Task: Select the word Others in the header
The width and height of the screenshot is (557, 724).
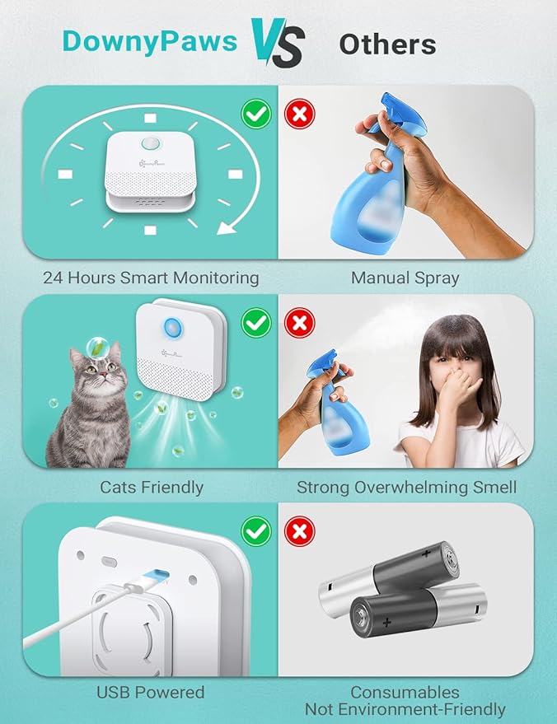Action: pyautogui.click(x=387, y=44)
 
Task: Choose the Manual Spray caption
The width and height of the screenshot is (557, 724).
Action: pyautogui.click(x=405, y=278)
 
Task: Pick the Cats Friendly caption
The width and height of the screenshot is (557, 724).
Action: pyautogui.click(x=152, y=487)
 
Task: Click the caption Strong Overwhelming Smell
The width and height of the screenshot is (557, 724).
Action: pyautogui.click(x=406, y=487)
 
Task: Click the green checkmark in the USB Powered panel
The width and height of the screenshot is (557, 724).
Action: pyautogui.click(x=257, y=530)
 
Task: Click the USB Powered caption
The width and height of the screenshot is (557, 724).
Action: pyautogui.click(x=151, y=693)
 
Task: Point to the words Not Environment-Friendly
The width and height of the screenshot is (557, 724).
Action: pyautogui.click(x=405, y=709)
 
